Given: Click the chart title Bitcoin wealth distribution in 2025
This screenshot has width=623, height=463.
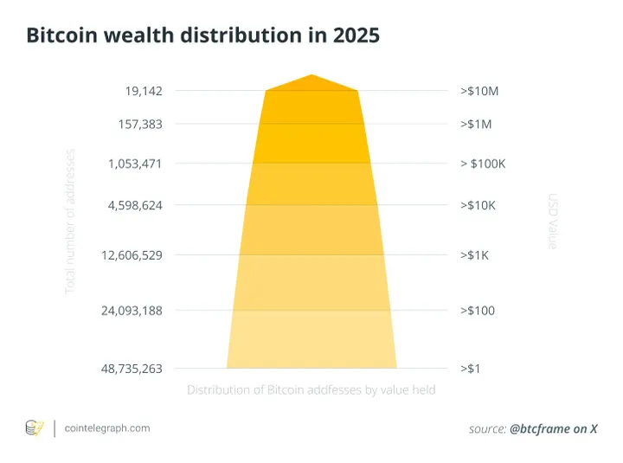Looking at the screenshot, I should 202,36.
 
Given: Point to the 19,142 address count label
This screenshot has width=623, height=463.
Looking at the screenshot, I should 143,90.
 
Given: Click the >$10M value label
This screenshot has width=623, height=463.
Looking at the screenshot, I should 478,90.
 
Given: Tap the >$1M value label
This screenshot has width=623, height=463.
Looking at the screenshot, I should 475,124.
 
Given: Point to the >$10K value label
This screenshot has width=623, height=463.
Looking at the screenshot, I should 478,205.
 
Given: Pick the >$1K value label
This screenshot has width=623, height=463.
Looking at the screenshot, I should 475,255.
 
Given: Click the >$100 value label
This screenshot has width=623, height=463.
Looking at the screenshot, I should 477,310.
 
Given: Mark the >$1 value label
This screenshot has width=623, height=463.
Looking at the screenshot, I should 471,368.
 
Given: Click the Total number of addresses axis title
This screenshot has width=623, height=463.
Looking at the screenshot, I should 71,221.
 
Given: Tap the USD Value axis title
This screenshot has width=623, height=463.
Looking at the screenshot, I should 552,222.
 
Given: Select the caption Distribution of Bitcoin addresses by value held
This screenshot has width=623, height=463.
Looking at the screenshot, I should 311,390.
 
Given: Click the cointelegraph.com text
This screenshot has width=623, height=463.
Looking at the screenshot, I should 107,428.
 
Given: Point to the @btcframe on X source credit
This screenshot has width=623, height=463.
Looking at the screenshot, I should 554,428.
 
